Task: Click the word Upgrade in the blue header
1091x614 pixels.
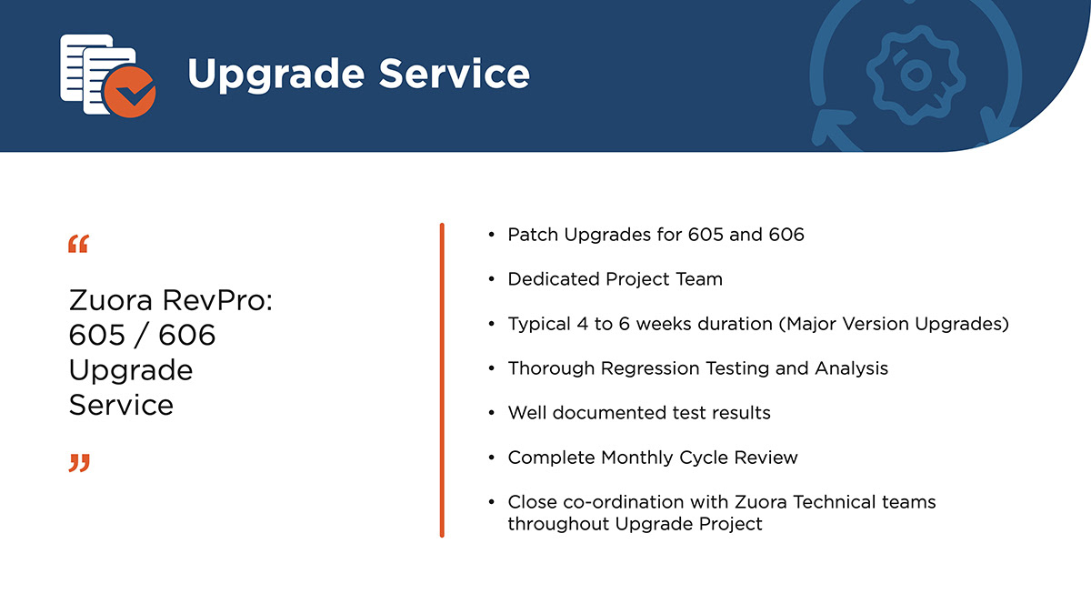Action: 276,75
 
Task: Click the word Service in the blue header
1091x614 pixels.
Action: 454,73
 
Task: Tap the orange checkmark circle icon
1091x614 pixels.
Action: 129,92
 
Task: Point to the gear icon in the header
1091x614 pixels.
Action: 916,75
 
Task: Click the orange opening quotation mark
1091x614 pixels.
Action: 78,244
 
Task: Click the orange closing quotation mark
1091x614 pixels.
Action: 79,463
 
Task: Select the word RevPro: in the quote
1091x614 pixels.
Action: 217,300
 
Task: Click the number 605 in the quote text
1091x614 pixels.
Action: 97,335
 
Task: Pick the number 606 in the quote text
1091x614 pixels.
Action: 187,335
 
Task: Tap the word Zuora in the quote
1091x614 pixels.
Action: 111,300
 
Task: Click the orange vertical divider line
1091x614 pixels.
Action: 442,380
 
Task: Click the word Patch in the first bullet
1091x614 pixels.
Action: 533,235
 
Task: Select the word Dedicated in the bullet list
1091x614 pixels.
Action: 554,279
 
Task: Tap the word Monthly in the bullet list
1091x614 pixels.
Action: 637,458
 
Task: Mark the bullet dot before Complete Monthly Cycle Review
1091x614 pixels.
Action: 492,458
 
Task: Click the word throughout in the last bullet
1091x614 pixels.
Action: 558,524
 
